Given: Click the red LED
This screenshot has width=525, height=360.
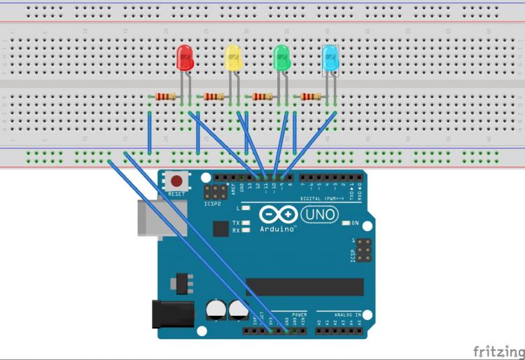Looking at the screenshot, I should (185, 57).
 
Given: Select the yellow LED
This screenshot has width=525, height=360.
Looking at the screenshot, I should (233, 57).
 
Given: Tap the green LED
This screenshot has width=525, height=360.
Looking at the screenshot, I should (281, 57).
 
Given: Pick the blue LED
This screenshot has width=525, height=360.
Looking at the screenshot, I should (330, 57).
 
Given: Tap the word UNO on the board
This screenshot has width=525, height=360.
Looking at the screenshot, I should (323, 214).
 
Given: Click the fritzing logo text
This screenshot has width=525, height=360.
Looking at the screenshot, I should (498, 349).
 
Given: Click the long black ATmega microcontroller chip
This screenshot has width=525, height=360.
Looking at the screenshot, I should (304, 287).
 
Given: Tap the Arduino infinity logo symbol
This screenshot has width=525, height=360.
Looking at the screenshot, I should (279, 214).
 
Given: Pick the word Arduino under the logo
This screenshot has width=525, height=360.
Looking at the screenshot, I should (279, 228).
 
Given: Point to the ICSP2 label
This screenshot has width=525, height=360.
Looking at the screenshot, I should (213, 205).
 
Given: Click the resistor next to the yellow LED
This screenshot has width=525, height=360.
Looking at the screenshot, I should (214, 97).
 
